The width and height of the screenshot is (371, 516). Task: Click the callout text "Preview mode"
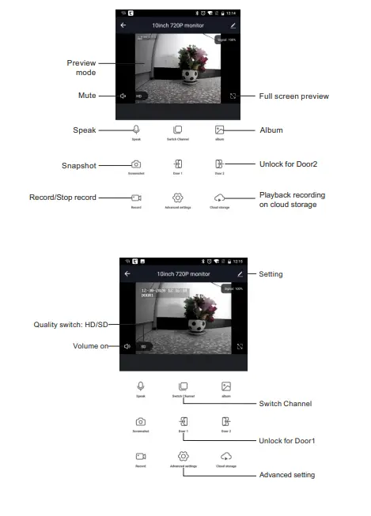81,66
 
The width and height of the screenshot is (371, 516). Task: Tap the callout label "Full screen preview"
293,96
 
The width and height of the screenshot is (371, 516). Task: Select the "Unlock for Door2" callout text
289,164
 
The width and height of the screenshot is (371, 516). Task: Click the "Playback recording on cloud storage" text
292,200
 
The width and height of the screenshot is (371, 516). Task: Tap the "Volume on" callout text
89,345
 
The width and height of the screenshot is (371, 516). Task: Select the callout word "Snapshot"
79,165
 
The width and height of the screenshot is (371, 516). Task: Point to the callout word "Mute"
86,96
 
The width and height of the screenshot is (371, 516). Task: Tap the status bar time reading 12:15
240,262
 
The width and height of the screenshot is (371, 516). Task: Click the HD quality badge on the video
138,96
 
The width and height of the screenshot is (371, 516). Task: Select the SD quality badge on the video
143,346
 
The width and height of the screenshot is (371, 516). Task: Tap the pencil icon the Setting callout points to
240,273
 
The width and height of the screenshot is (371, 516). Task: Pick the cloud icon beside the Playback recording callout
219,197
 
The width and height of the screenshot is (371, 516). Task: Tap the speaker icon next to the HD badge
124,96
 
